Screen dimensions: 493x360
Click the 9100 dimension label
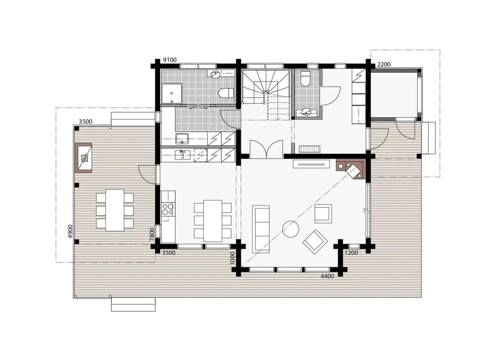tap(169, 60)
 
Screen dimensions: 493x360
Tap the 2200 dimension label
tap(384, 64)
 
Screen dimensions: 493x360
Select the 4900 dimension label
tap(70, 231)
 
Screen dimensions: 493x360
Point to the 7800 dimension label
tap(152, 235)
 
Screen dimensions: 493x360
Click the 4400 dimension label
tap(327, 276)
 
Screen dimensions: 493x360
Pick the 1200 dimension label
tap(351, 253)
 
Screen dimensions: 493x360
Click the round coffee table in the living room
tap(290, 229)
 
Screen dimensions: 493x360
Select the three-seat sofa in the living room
tap(261, 229)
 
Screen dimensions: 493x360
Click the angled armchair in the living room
tap(315, 242)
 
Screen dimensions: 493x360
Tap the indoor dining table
tap(213, 221)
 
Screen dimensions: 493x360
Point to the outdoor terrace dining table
tap(115, 210)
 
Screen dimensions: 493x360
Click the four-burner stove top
tap(168, 209)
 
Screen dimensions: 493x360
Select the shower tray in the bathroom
tap(172, 94)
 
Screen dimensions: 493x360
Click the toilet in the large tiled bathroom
tap(226, 93)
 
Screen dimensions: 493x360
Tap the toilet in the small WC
tap(305, 78)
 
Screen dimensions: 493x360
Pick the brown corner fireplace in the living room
tap(351, 169)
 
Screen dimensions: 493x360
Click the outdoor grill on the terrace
tap(83, 158)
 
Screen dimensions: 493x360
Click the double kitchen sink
tap(183, 155)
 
